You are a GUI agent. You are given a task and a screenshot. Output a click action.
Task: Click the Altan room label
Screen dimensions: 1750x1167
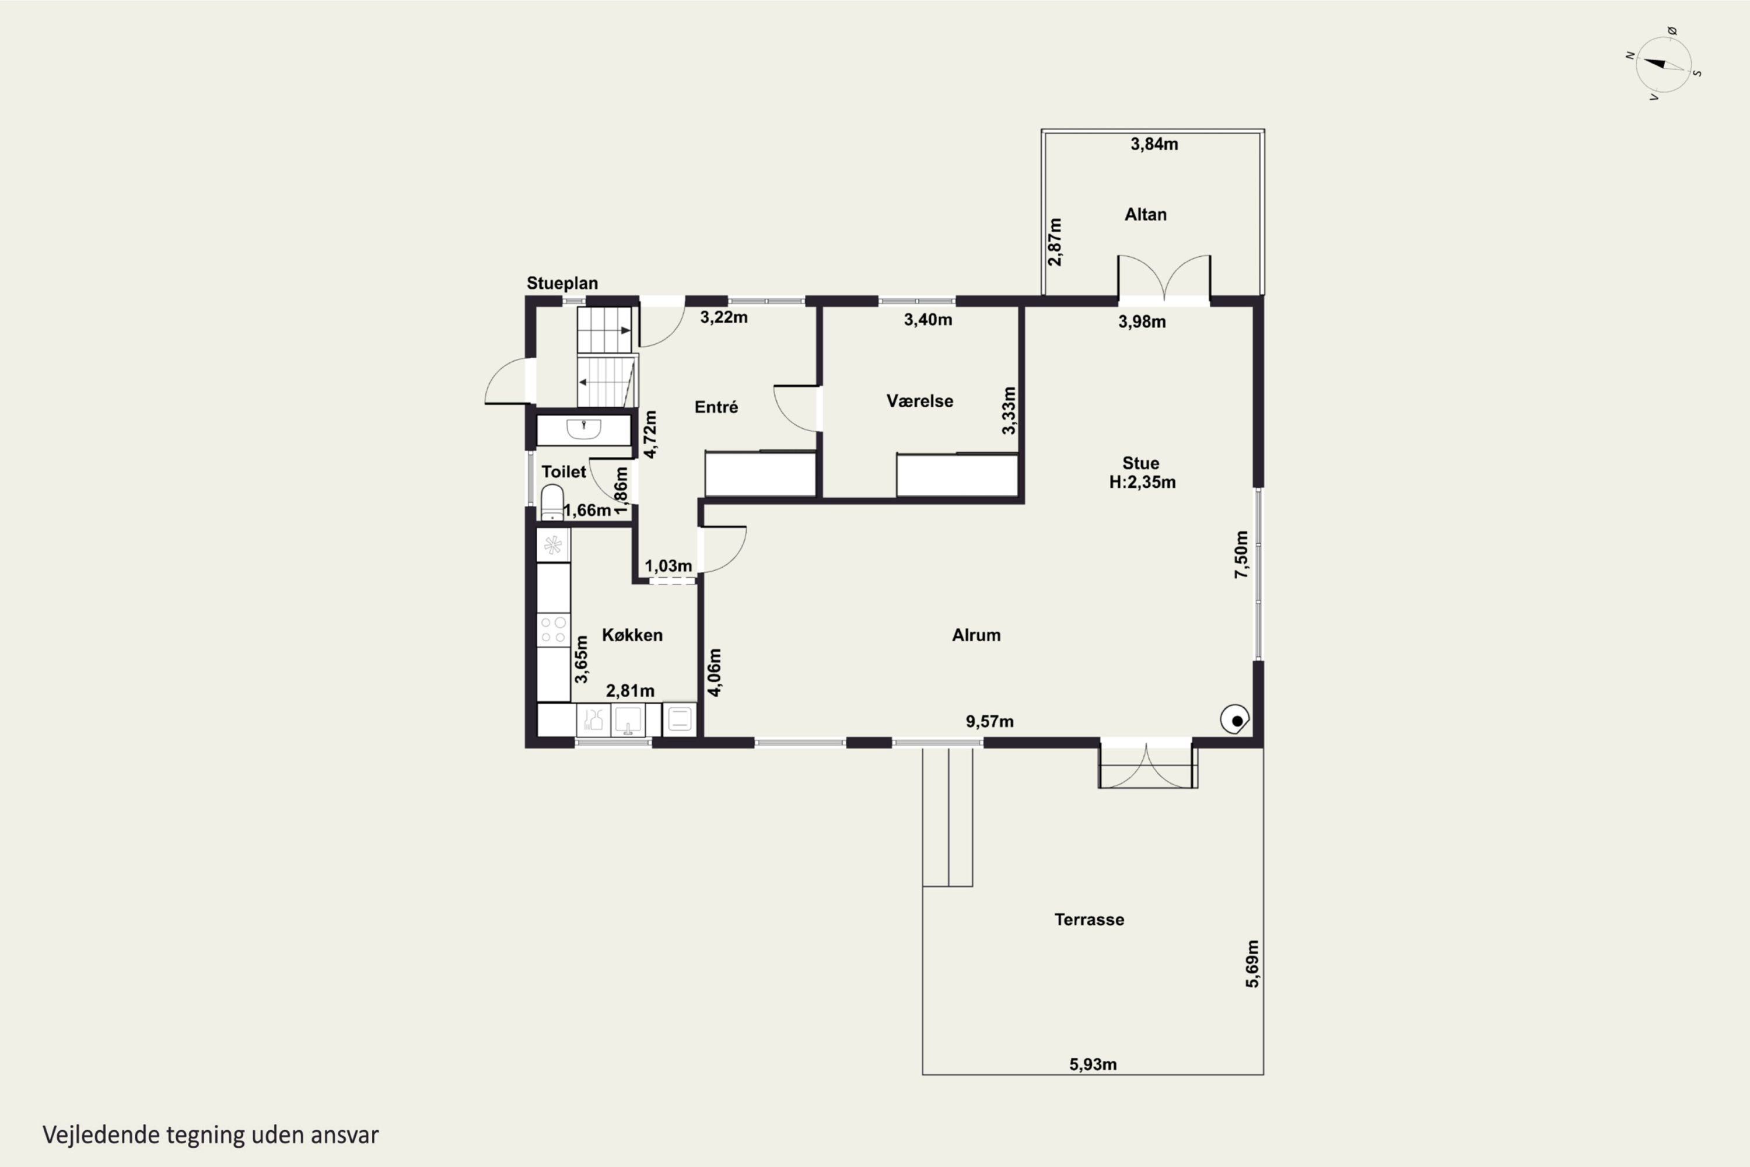(x=1145, y=214)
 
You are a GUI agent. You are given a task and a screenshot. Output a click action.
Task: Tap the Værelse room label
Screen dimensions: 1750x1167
(x=920, y=401)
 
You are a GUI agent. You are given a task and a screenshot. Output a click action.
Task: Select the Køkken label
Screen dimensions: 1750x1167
(x=632, y=635)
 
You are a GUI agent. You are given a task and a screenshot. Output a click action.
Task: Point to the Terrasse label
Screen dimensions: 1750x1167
(x=1089, y=919)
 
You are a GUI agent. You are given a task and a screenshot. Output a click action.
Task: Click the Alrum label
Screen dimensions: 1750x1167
(x=976, y=635)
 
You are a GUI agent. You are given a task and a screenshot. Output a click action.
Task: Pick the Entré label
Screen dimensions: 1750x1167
(x=716, y=407)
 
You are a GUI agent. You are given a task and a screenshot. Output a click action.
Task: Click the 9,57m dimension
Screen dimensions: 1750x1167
(x=989, y=721)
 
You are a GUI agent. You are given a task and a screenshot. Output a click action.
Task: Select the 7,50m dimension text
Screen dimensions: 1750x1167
(x=1241, y=554)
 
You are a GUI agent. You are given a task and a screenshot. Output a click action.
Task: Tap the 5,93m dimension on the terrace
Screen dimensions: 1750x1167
(x=1093, y=1064)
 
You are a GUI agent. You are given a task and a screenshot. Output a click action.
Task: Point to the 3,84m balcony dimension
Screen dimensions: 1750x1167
(x=1154, y=144)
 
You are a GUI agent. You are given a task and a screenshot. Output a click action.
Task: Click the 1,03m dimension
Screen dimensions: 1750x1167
(x=668, y=565)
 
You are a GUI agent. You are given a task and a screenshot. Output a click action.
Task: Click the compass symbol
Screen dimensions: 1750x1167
(x=1664, y=65)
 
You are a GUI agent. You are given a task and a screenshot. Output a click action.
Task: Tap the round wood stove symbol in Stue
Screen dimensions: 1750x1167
(x=1235, y=719)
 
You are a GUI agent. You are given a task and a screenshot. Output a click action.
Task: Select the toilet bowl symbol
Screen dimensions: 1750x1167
(x=552, y=502)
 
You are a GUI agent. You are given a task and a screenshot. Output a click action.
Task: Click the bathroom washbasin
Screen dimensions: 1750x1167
(x=584, y=429)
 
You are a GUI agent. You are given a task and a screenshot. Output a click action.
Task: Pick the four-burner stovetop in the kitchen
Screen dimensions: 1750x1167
(x=553, y=629)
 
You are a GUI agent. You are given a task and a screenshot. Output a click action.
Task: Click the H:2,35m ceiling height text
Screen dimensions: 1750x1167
(x=1142, y=483)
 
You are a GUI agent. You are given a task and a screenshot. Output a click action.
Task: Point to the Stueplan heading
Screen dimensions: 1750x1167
(x=562, y=284)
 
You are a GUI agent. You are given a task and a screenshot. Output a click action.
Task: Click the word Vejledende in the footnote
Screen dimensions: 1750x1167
(x=101, y=1135)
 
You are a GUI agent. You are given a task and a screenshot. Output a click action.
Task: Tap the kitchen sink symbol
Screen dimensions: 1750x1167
(x=628, y=721)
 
